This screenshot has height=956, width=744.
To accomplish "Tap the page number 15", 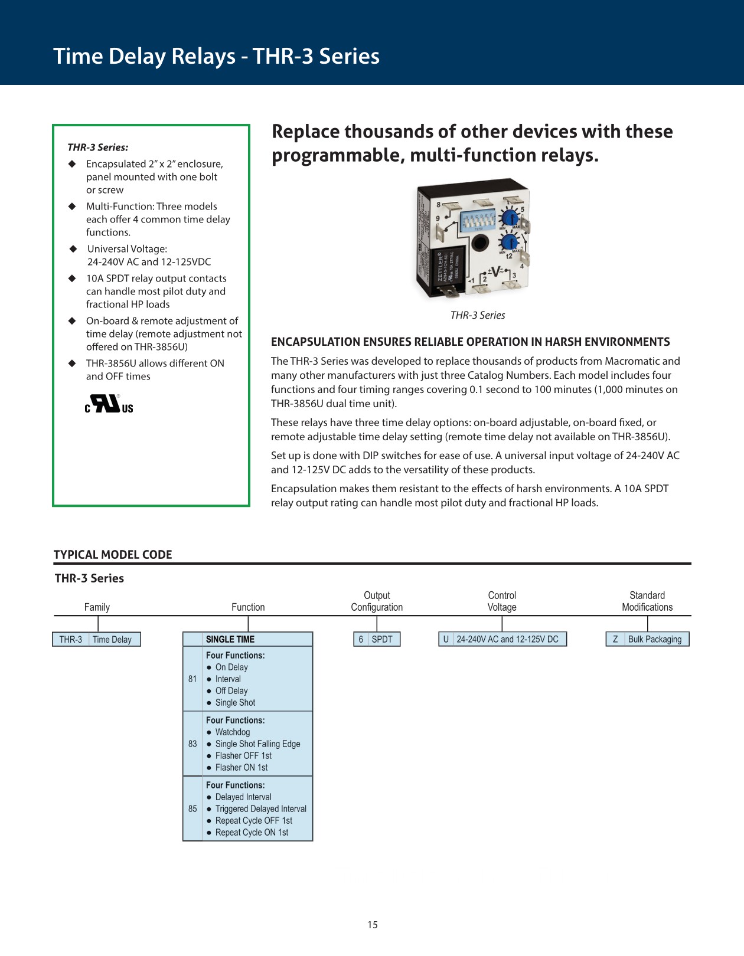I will click(373, 925).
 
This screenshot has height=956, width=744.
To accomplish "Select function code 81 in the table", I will click(192, 679).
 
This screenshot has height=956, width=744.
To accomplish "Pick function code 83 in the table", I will click(192, 744).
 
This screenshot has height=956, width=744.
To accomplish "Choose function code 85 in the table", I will click(192, 809).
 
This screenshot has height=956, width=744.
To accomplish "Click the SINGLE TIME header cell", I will click(230, 639).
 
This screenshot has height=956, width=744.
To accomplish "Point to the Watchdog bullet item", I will click(232, 732).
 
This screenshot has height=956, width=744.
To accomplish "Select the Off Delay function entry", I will click(231, 691).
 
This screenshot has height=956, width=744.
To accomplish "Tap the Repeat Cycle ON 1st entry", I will click(252, 833).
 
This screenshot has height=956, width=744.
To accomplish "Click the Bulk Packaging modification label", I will click(654, 639).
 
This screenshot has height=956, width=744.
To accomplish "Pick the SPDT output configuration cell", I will click(382, 639).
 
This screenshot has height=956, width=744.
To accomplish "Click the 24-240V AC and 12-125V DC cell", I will click(507, 639).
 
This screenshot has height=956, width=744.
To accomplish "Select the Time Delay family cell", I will click(112, 640).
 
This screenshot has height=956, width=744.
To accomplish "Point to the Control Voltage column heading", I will click(502, 601).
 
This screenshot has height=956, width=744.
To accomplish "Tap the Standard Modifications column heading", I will click(647, 601).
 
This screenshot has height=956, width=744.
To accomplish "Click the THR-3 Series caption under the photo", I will click(478, 316).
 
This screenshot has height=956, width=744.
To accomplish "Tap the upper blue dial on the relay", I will click(510, 218).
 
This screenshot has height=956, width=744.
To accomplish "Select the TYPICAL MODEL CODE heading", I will click(113, 555).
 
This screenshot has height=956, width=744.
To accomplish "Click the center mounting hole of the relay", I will click(479, 243).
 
